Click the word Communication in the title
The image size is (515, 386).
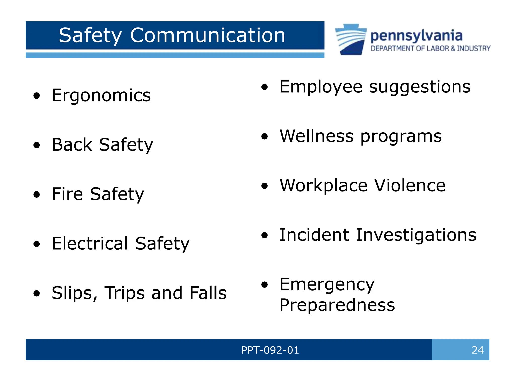pyautogui.click(x=207, y=35)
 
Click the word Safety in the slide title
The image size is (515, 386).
pyautogui.click(x=90, y=36)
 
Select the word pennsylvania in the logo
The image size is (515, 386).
pyautogui.click(x=416, y=36)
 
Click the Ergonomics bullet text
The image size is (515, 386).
pyautogui.click(x=101, y=95)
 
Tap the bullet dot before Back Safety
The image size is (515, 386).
pyautogui.click(x=37, y=145)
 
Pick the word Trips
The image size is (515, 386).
pyautogui.click(x=125, y=293)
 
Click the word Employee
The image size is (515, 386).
pyautogui.click(x=321, y=87)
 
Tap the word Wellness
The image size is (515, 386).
pyautogui.click(x=317, y=136)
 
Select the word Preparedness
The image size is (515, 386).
pyautogui.click(x=337, y=305)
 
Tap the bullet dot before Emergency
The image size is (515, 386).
pyautogui.click(x=264, y=285)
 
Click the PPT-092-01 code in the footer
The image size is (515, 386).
pyautogui.click(x=270, y=350)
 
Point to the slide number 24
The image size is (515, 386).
pyautogui.click(x=477, y=350)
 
